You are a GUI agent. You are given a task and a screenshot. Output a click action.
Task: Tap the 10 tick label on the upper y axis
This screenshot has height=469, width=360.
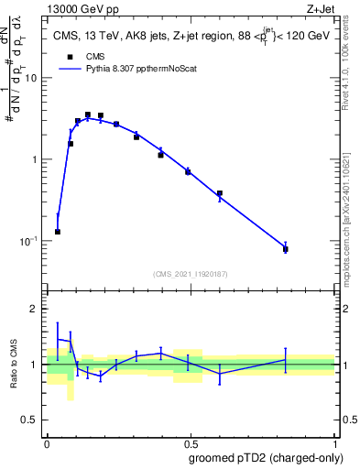point(30,78)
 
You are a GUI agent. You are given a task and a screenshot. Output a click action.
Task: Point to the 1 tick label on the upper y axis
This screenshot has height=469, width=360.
point(35,159)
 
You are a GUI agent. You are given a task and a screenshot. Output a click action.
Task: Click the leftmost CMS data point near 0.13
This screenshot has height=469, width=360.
point(58,232)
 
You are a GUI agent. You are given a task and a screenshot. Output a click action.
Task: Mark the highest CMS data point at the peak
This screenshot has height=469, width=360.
point(88,115)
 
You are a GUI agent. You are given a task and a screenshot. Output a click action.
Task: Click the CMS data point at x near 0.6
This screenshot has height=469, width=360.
point(220,193)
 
